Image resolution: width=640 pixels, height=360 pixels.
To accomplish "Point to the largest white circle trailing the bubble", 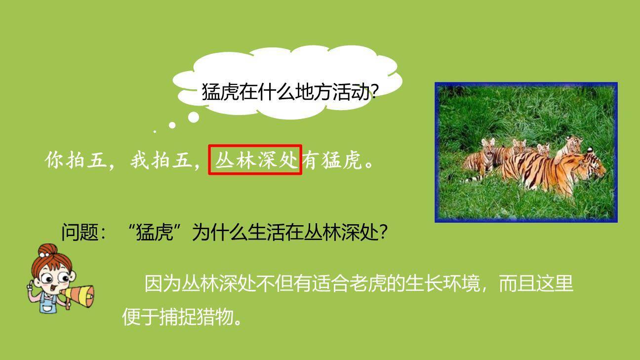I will point(194,117).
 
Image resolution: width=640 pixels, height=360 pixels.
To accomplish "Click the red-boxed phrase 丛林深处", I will point(255,160).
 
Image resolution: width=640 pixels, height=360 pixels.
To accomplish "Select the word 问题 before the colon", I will point(80,232).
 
